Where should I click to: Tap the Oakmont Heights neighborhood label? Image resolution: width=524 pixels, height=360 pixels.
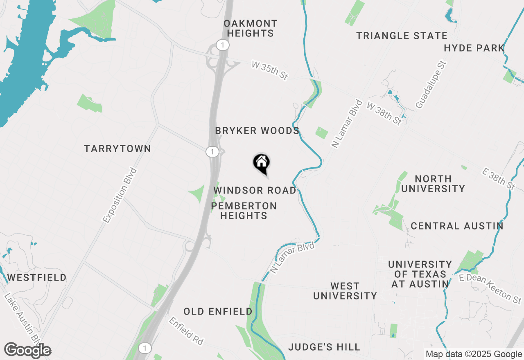(251, 29)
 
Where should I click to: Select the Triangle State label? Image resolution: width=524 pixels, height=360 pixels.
(402, 36)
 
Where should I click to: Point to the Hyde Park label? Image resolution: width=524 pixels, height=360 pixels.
(474, 48)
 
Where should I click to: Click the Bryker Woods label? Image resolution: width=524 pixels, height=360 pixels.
(257, 131)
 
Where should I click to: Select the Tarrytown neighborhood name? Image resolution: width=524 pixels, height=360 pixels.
(117, 149)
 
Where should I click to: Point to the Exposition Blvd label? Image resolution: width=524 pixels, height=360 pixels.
(120, 195)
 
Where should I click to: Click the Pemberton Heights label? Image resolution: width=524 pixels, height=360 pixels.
(244, 211)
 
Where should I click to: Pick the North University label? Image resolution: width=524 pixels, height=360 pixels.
(433, 184)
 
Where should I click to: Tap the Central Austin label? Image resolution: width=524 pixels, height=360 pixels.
(457, 226)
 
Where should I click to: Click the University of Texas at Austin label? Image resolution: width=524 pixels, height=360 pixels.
(420, 274)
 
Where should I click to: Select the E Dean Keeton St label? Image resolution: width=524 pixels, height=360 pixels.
(490, 288)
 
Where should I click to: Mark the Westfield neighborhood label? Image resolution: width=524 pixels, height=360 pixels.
(37, 278)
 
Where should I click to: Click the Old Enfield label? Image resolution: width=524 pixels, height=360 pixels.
(218, 312)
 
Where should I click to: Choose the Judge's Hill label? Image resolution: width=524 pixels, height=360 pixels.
(324, 347)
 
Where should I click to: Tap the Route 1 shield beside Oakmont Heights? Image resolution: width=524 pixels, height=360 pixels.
(222, 45)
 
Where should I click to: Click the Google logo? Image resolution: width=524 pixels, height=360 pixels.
(28, 351)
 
